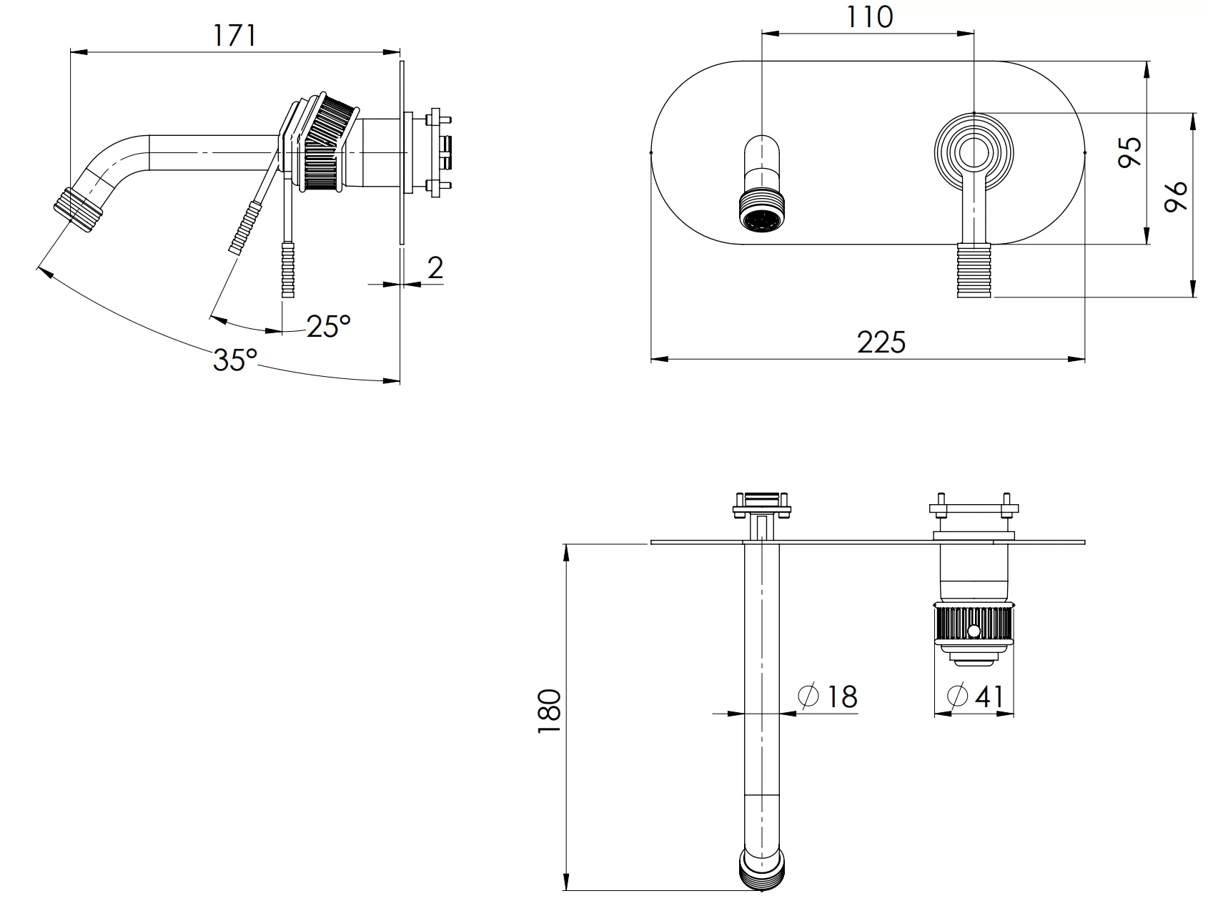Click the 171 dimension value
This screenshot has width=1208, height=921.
coord(234,34)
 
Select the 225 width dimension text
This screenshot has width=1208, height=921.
coord(881,342)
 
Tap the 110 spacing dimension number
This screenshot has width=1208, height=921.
coord(869,16)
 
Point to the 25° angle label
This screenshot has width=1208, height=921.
coord(329,326)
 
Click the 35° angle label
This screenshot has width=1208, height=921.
coord(234,360)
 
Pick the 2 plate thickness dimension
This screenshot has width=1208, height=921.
coord(435,267)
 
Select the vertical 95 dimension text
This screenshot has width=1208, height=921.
coord(1130,152)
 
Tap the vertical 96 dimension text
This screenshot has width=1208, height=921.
coord(1175,195)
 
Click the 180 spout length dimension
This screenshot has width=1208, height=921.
coord(549,711)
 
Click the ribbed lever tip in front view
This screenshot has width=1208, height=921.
coord(974,270)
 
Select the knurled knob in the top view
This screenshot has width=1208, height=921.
coord(974,625)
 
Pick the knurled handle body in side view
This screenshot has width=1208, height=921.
coord(325,143)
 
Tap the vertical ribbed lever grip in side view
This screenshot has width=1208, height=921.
coord(288,270)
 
